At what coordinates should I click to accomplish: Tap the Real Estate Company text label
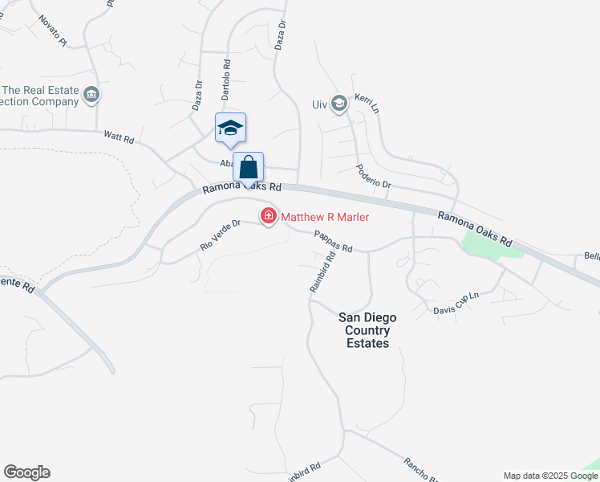(x=40, y=96)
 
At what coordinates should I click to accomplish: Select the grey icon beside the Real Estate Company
(x=91, y=96)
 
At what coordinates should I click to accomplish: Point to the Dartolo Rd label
(x=226, y=78)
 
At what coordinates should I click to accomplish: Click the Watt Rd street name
(x=118, y=137)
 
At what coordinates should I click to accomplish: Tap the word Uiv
(x=320, y=104)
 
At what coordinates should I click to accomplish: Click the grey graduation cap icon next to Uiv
(x=340, y=103)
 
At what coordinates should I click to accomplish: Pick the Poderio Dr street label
(x=375, y=177)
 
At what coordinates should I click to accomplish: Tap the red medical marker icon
(x=267, y=216)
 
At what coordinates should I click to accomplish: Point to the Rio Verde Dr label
(x=220, y=235)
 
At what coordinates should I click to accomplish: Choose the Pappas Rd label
(x=333, y=242)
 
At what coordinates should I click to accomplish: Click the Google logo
(x=26, y=472)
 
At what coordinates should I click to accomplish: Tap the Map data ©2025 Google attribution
(x=551, y=476)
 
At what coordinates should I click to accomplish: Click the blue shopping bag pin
(x=249, y=168)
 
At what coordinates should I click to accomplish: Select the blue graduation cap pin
(x=230, y=129)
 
